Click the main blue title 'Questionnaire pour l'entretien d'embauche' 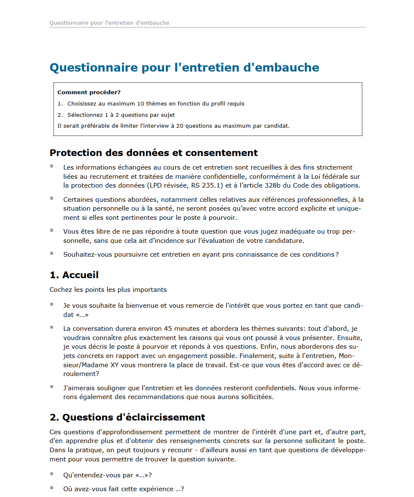pos(184,67)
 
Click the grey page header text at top pos(109,23)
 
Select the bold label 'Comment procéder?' pos(89,93)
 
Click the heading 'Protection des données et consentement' pos(154,153)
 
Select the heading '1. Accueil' pos(74,275)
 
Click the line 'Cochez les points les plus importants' pos(108,290)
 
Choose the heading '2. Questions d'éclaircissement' pos(127,417)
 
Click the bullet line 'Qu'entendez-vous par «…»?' pos(107,475)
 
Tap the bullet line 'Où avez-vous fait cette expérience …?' pos(123,489)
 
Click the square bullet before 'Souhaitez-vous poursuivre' pos(52,253)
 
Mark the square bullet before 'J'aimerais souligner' pos(52,387)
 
